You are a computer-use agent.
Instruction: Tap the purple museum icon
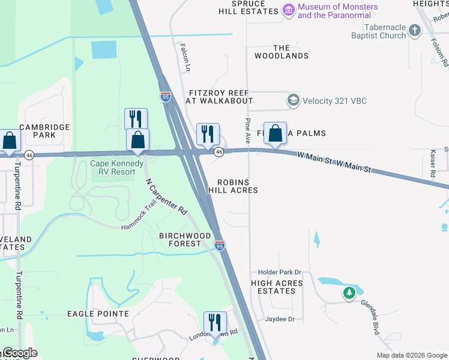[x=289, y=10]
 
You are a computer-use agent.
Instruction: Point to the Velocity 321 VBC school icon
[x=293, y=100]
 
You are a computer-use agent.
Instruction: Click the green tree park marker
[x=349, y=293]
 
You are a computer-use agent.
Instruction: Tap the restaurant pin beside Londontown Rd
[x=214, y=323]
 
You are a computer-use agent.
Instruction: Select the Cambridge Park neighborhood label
[x=44, y=131]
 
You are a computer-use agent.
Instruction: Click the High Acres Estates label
[x=273, y=287]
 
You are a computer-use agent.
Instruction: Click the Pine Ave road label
[x=247, y=130]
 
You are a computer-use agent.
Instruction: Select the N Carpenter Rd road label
[x=166, y=197]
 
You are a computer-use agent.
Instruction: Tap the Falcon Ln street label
[x=185, y=57]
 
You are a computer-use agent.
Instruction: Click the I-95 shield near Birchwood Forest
[x=220, y=245]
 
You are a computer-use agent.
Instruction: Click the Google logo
[x=20, y=353]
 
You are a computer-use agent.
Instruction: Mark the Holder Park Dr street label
[x=280, y=273]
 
